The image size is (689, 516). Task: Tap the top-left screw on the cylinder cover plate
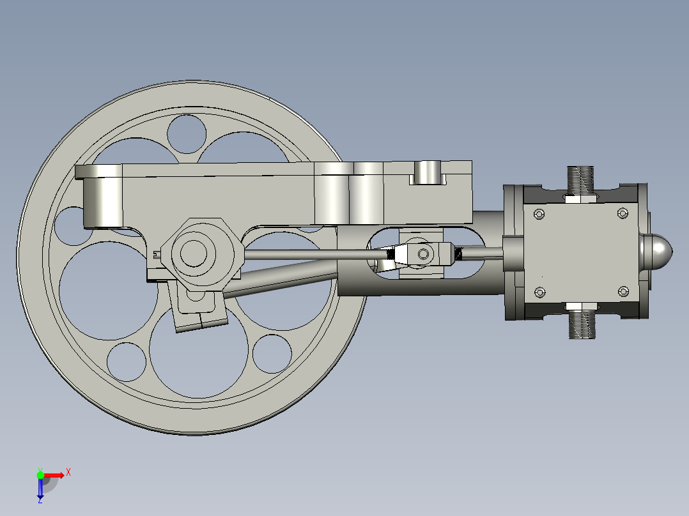[540, 214]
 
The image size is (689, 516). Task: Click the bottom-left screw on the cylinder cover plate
[540, 292]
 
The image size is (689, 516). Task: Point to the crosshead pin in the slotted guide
[423, 254]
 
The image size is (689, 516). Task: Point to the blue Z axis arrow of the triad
[40, 490]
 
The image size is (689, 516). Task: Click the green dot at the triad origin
[40, 474]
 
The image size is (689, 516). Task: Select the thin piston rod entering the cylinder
[479, 254]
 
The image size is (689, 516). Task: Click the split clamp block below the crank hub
[199, 313]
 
